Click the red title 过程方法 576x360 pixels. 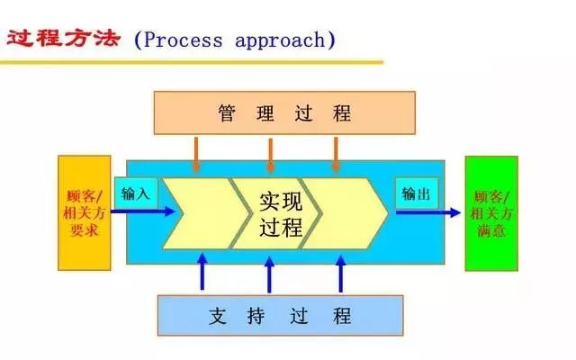click(63, 38)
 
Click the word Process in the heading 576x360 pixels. click(183, 40)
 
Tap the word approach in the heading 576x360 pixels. click(280, 40)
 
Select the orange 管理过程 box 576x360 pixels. click(284, 112)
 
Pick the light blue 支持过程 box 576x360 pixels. click(280, 316)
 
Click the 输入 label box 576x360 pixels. click(136, 193)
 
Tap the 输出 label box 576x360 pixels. click(417, 193)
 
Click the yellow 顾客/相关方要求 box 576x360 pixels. click(84, 213)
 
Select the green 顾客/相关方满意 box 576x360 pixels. click(491, 213)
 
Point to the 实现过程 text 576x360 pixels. click(281, 214)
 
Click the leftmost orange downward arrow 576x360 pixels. click(196, 154)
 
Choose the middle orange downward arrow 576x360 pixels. click(271, 155)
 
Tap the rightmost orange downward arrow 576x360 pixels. click(336, 154)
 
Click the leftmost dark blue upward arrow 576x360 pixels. click(202, 272)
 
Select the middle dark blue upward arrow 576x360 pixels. click(269, 274)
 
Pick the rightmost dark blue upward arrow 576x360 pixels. click(340, 274)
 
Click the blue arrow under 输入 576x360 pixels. click(143, 211)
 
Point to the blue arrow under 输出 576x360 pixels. click(428, 212)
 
